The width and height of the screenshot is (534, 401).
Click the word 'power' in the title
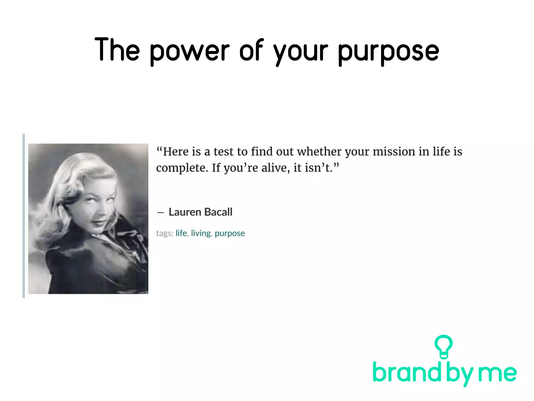(x=190, y=51)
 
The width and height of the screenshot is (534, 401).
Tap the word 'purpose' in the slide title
(x=389, y=51)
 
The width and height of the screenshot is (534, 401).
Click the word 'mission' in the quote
(x=394, y=152)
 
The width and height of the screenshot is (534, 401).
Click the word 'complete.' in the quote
(x=182, y=168)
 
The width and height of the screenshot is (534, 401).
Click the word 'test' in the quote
(x=223, y=152)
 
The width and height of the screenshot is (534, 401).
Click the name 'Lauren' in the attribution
(x=185, y=212)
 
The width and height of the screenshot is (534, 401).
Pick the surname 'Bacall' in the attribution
(x=218, y=212)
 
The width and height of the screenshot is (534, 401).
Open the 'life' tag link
(x=181, y=233)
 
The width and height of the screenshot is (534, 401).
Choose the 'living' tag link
(x=201, y=233)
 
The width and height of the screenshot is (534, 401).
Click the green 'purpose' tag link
(x=230, y=233)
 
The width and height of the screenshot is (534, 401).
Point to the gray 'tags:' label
(x=165, y=233)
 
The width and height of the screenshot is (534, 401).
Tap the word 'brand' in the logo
(x=408, y=372)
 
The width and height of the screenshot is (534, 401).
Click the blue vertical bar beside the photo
(x=23, y=216)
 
